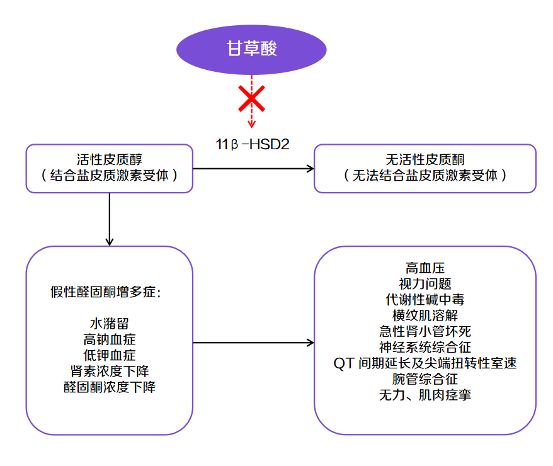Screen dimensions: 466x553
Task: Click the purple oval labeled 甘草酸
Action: pos(251,49)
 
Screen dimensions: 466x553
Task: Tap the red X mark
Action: pos(251,99)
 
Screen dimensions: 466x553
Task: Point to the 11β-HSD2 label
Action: pos(252,145)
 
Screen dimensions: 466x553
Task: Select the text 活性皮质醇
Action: pos(110,160)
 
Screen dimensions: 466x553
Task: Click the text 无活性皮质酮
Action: pos(425,160)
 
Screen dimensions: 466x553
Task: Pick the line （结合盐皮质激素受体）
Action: pos(110,176)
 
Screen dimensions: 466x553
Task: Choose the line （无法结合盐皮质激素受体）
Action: pos(425,176)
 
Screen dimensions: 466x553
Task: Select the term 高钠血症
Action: pos(110,339)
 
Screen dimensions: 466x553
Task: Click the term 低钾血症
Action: pos(110,355)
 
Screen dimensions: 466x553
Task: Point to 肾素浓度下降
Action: pos(110,371)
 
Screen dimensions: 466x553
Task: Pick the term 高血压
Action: pos(425,268)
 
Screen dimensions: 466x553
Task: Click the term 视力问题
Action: pos(425,284)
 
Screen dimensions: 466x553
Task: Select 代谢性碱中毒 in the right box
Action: pos(425,300)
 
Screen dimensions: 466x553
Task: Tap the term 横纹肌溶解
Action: pos(425,315)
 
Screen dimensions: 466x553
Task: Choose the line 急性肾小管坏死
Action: pos(425,331)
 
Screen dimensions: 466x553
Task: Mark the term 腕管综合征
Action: pos(425,379)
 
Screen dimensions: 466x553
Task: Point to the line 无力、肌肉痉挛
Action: pos(425,395)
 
